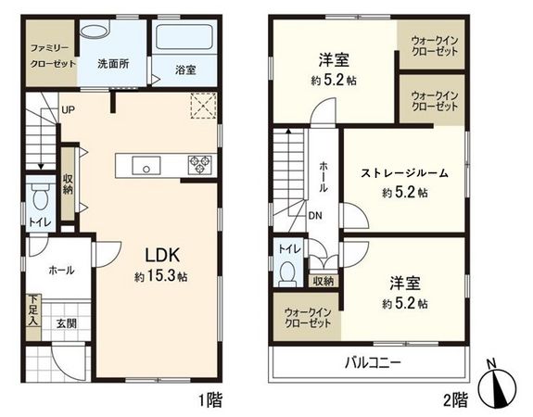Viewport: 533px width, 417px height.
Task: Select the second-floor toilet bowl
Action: point(288,272)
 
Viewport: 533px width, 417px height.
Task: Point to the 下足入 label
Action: point(32,310)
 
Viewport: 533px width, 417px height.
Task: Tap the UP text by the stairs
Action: point(69,110)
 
